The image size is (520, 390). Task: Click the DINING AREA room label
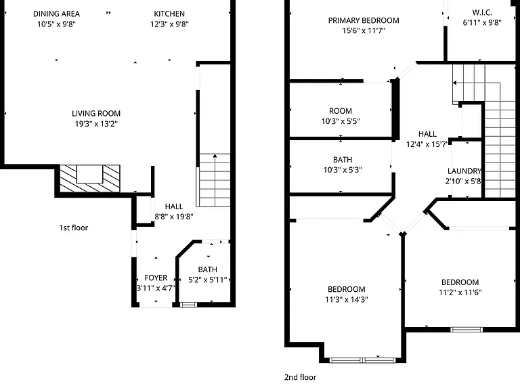click(56, 14)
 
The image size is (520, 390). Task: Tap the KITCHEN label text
click(169, 14)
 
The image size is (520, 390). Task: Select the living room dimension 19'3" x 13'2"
click(96, 124)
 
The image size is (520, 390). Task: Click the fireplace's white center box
click(89, 174)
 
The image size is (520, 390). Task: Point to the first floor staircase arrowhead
click(215, 156)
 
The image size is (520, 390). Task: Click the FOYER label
click(156, 278)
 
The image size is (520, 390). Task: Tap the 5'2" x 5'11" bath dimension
click(208, 280)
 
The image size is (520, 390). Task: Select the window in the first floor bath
click(188, 305)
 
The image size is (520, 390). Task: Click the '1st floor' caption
click(74, 227)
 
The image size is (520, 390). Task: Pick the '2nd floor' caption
click(300, 377)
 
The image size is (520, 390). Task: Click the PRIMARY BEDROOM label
click(364, 20)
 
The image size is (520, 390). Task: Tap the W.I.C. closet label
click(482, 13)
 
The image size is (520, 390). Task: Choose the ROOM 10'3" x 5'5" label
click(341, 116)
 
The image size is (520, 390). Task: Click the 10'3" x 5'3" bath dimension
click(343, 170)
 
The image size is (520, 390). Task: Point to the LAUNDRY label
click(464, 171)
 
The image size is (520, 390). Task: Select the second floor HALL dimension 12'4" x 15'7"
click(427, 144)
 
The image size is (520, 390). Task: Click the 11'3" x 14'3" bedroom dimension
click(347, 300)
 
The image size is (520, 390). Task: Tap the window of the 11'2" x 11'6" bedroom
click(467, 329)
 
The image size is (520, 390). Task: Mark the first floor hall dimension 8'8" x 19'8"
click(174, 217)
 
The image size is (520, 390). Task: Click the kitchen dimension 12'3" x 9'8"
click(169, 24)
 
